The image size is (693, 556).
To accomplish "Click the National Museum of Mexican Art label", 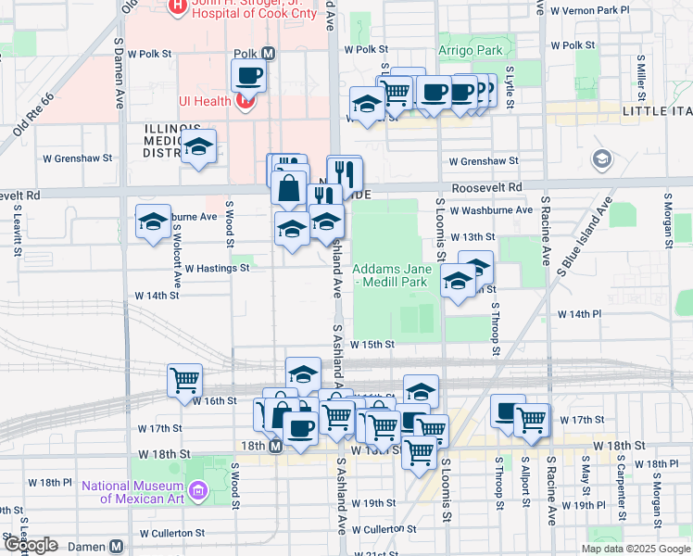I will coord(132,491).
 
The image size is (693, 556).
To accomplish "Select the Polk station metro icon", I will coord(269,54).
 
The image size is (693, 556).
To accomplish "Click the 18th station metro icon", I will coord(275,447).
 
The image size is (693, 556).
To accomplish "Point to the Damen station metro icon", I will coord(116,547).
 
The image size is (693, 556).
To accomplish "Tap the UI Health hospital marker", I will coord(245,100).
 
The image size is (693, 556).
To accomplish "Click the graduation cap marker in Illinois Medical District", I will coord(198,146).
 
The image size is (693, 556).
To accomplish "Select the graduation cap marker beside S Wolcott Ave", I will coord(154,221).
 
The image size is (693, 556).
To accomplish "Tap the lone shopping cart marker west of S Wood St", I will coord(184,380).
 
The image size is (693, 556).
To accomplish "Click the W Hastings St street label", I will coord(217,268).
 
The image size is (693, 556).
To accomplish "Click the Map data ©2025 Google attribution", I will coord(635,549).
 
